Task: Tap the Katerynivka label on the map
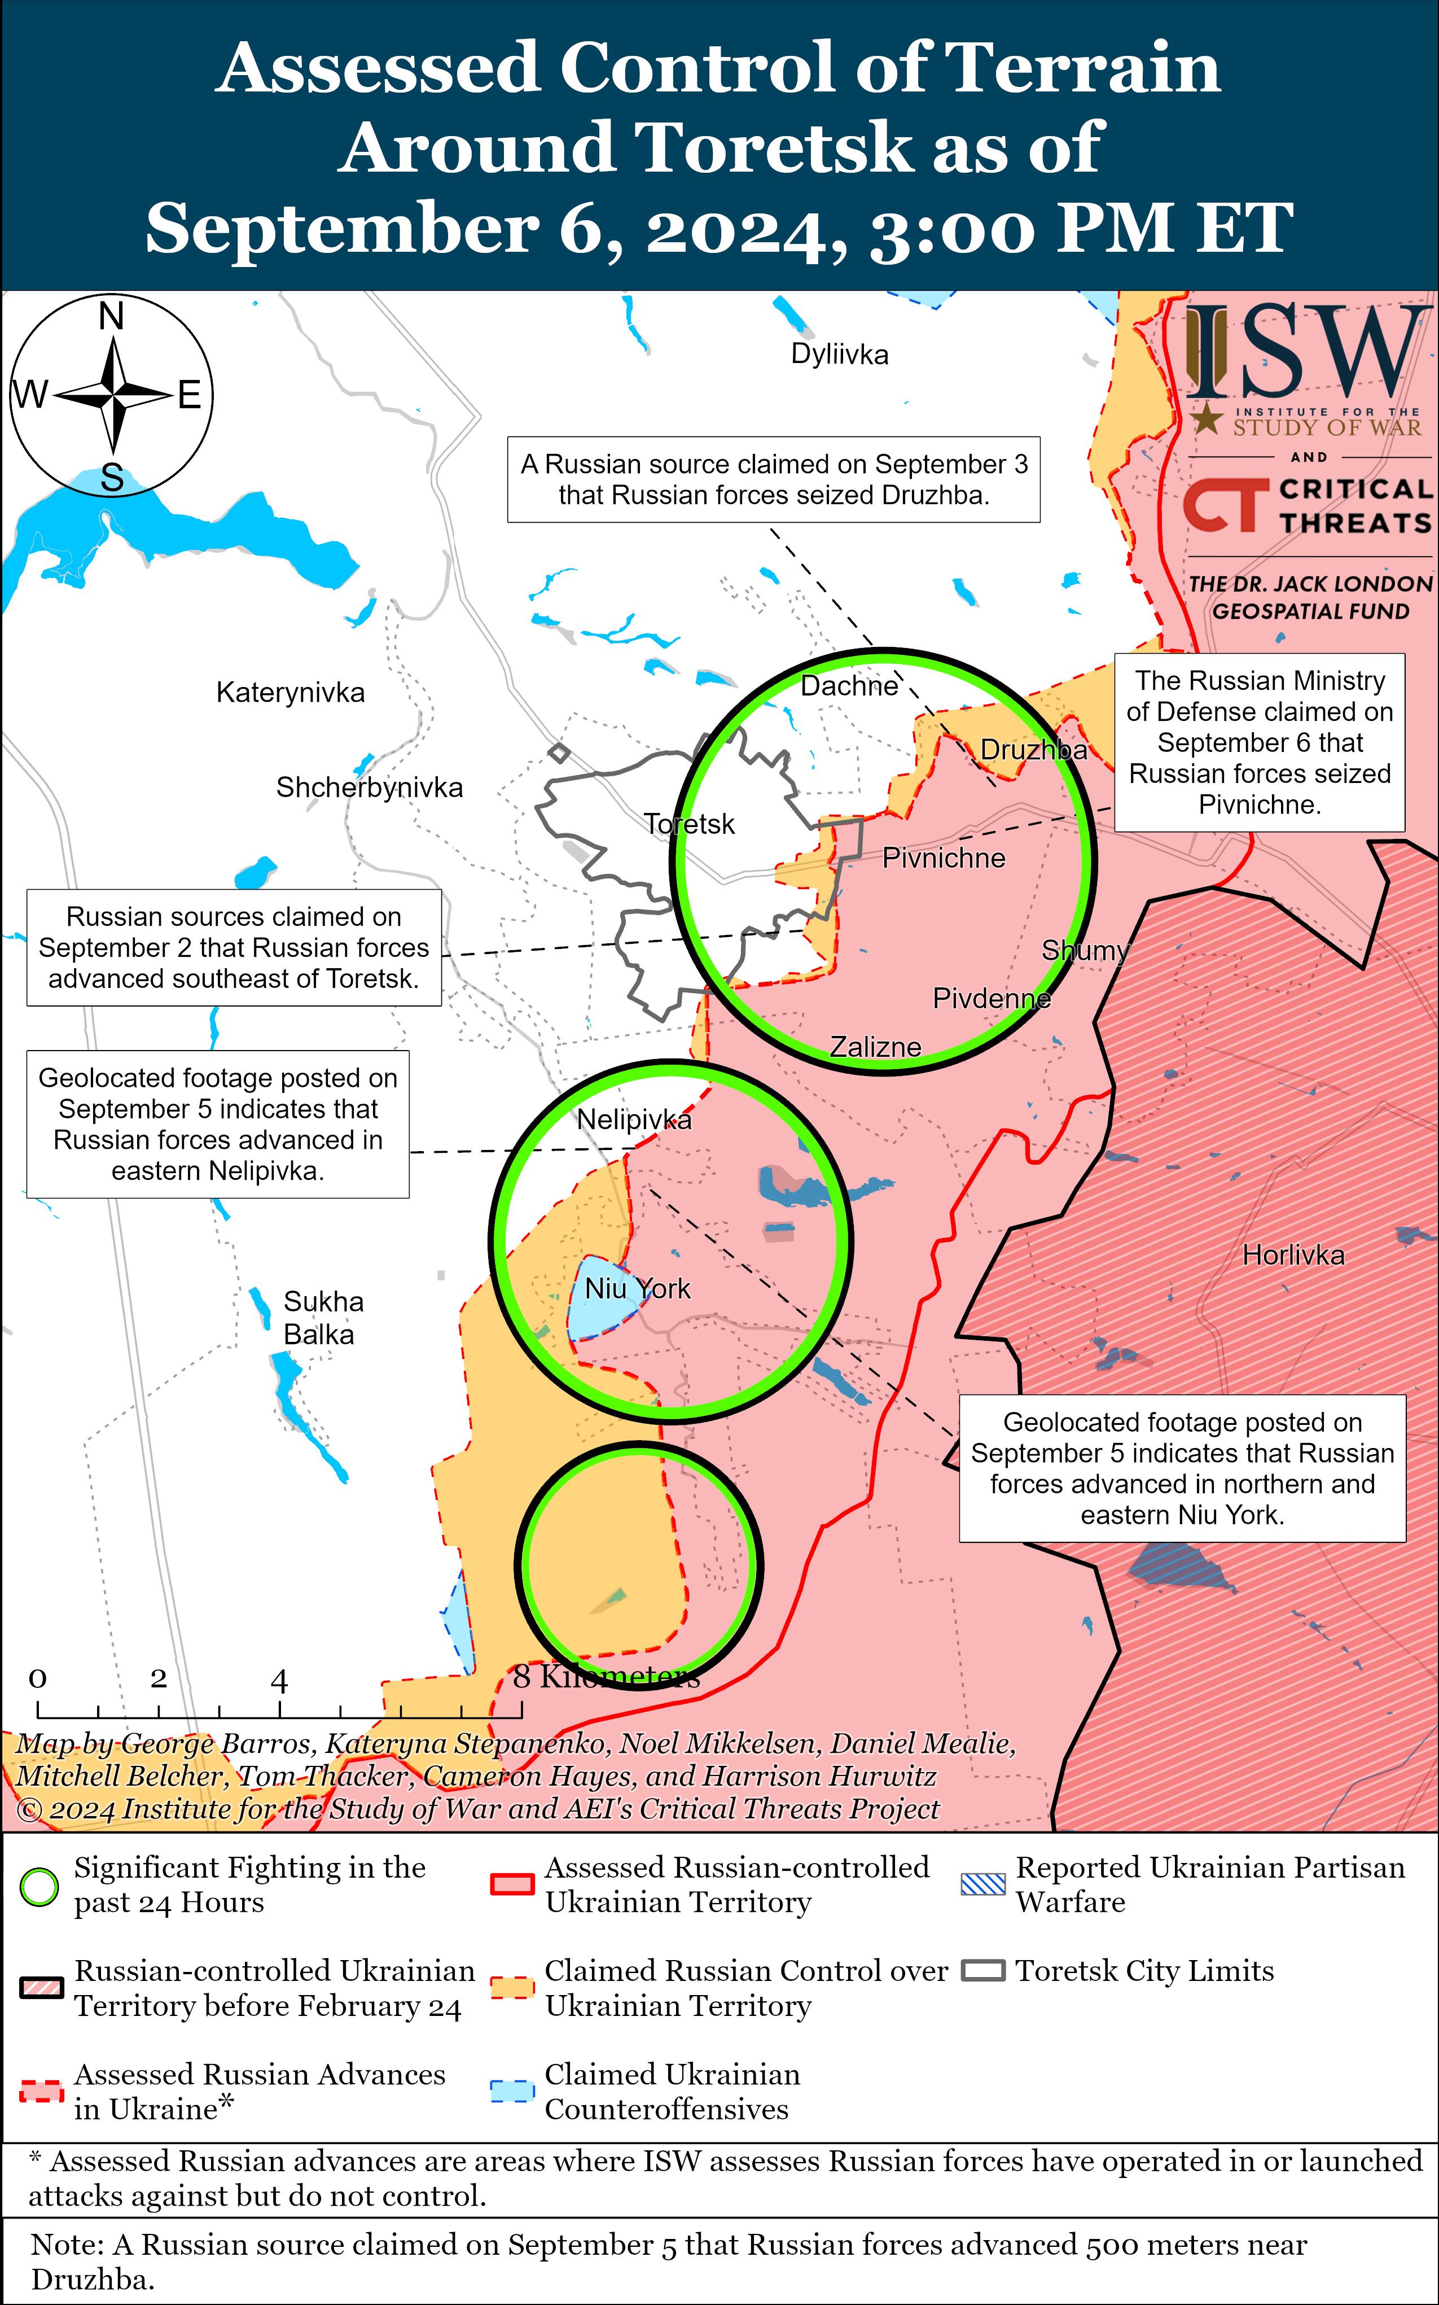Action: pos(290,692)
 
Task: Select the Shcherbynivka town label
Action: pos(369,788)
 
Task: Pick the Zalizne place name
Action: pos(876,1046)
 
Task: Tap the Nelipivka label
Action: pos(634,1119)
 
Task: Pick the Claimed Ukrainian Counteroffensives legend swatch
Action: pos(511,2091)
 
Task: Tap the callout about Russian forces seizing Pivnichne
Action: pos(1259,742)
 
